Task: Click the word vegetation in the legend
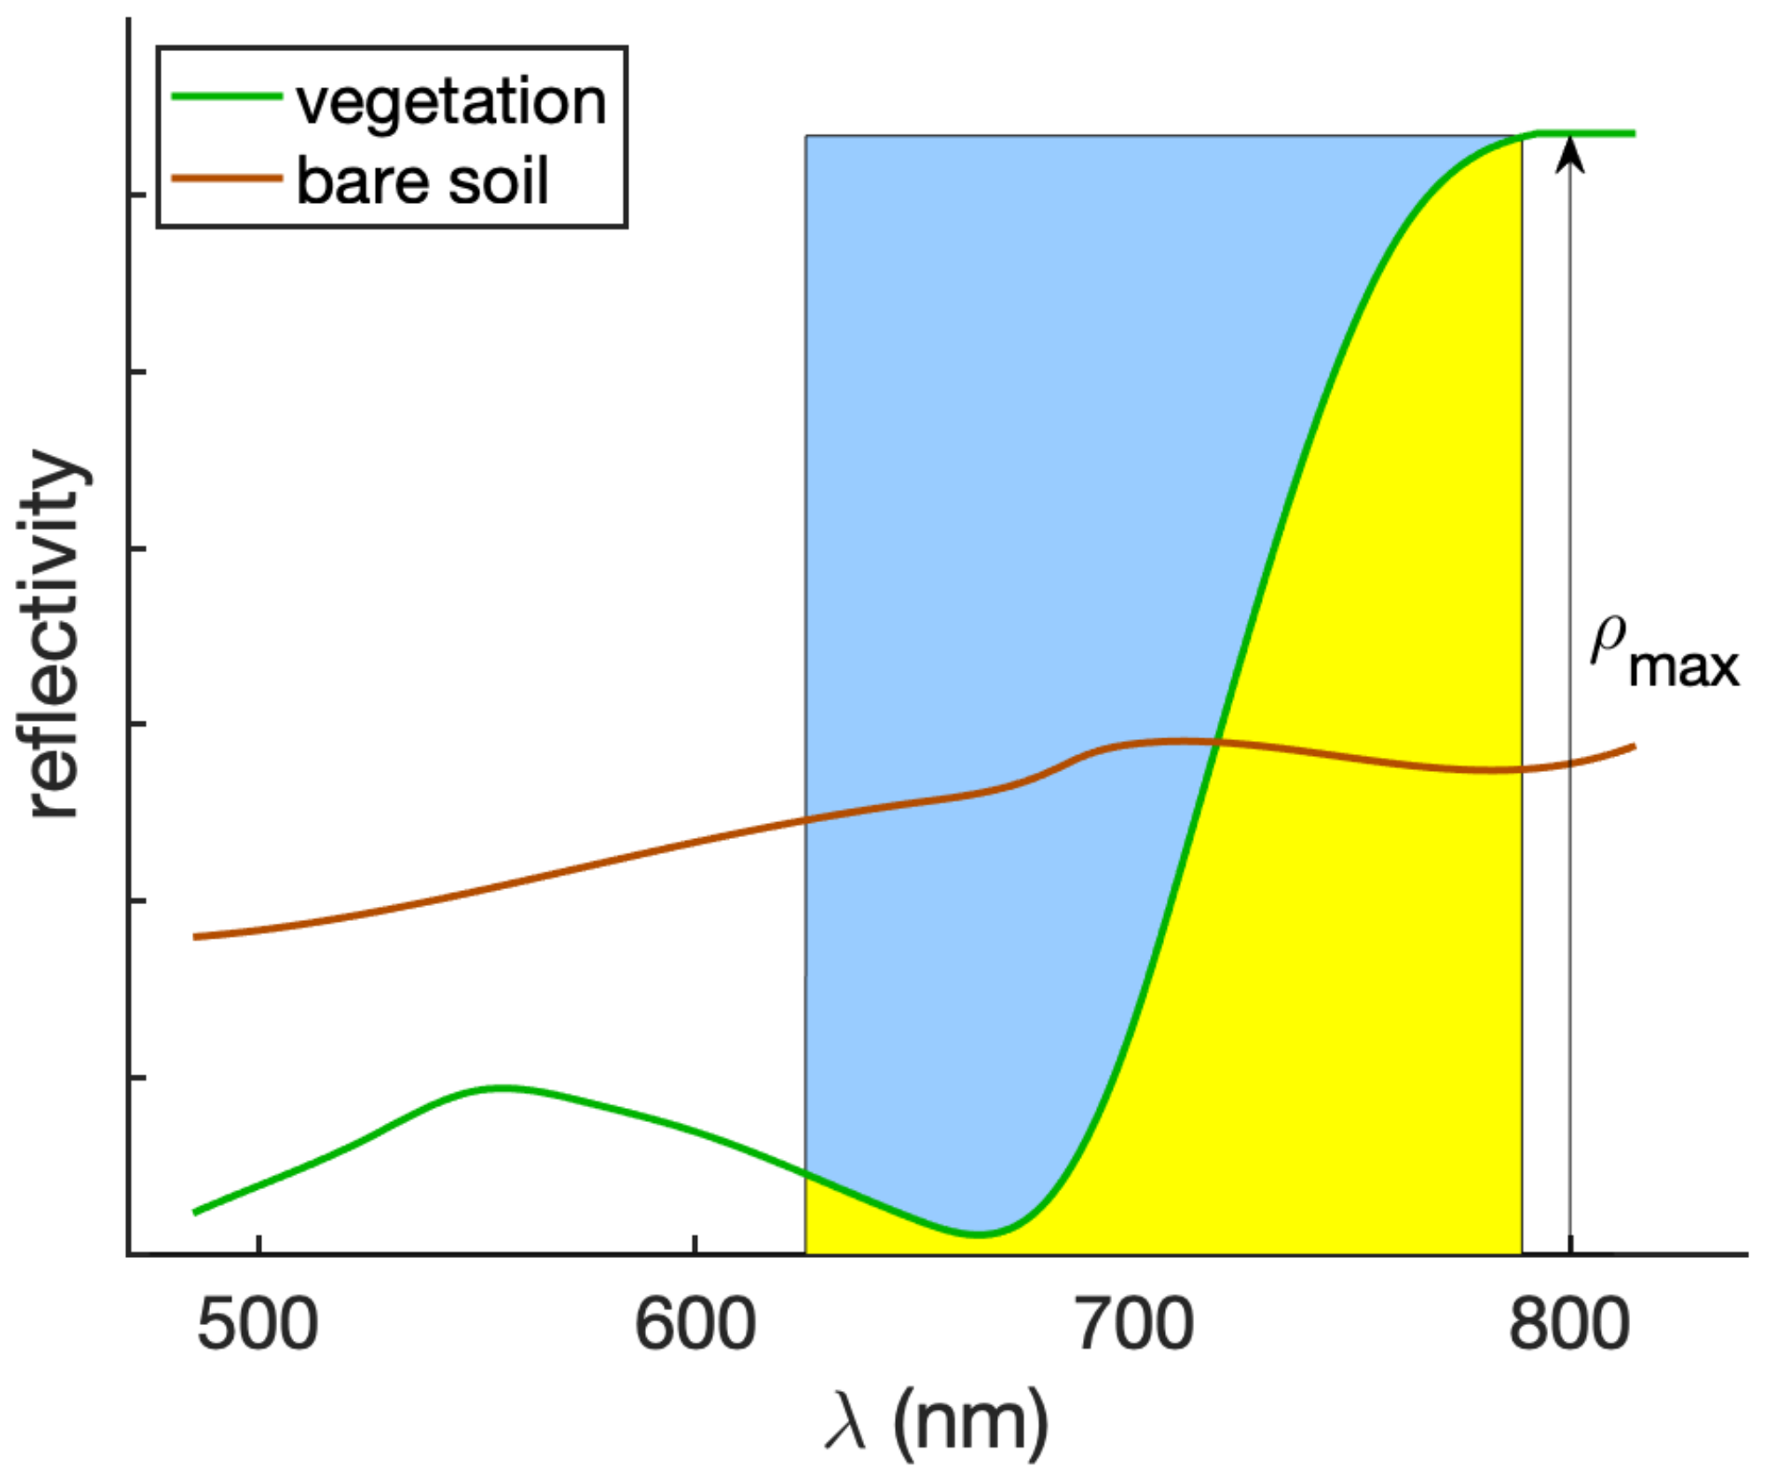(x=451, y=102)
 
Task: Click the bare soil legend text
(x=422, y=181)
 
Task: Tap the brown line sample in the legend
(x=226, y=178)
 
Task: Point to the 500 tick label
(x=257, y=1325)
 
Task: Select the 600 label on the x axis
(x=695, y=1325)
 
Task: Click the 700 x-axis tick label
(x=1134, y=1325)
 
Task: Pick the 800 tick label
(x=1568, y=1325)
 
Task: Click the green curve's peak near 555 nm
(x=501, y=1088)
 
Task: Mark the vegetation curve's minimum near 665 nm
(x=978, y=1234)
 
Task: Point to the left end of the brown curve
(x=196, y=937)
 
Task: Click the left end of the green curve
(x=196, y=1212)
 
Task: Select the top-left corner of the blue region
(x=806, y=137)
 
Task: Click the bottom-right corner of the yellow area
(x=1521, y=1253)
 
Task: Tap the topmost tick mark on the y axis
(x=137, y=194)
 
